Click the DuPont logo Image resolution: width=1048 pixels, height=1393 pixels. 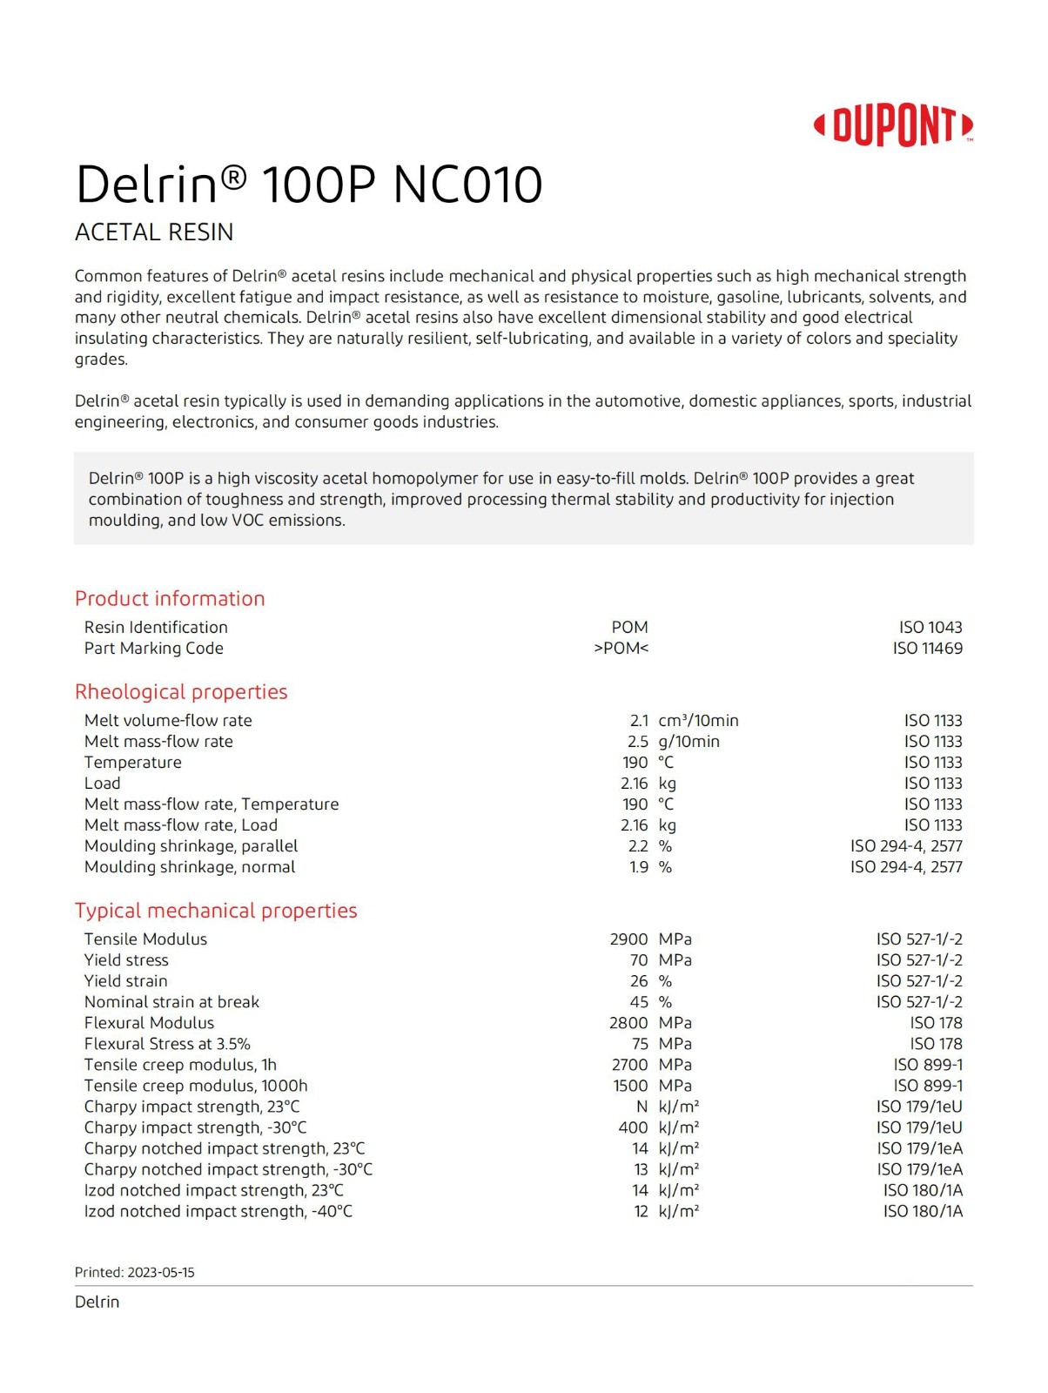[x=894, y=125]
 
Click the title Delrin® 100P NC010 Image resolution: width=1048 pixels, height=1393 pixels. [x=309, y=185]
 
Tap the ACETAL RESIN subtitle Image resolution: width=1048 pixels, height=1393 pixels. [x=154, y=232]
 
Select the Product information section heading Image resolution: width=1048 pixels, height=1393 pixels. [x=170, y=599]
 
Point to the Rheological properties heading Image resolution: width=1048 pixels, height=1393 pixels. [x=181, y=692]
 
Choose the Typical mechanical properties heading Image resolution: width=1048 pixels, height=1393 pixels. [x=216, y=911]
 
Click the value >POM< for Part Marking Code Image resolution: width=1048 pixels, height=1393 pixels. [x=621, y=649]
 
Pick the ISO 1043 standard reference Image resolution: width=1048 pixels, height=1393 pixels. [x=930, y=628]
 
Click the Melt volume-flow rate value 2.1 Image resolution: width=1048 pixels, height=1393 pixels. [x=639, y=721]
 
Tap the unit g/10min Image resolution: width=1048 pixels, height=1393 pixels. [x=689, y=742]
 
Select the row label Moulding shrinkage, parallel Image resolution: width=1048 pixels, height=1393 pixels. [x=191, y=846]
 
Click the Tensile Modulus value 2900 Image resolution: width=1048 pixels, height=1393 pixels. [x=628, y=939]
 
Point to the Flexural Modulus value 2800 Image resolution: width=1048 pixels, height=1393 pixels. [x=628, y=1023]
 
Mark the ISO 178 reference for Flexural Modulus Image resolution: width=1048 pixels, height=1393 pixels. [x=936, y=1023]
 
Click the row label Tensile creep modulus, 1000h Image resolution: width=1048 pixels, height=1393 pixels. [x=196, y=1086]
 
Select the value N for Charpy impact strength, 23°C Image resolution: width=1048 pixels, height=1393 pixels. [x=642, y=1107]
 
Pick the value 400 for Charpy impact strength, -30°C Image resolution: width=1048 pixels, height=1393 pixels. [x=633, y=1127]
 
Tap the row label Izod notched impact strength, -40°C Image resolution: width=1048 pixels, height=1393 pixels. [x=218, y=1211]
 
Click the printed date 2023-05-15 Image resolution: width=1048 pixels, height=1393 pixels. [x=161, y=1272]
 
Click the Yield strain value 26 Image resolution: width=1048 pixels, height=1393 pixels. [x=639, y=981]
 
